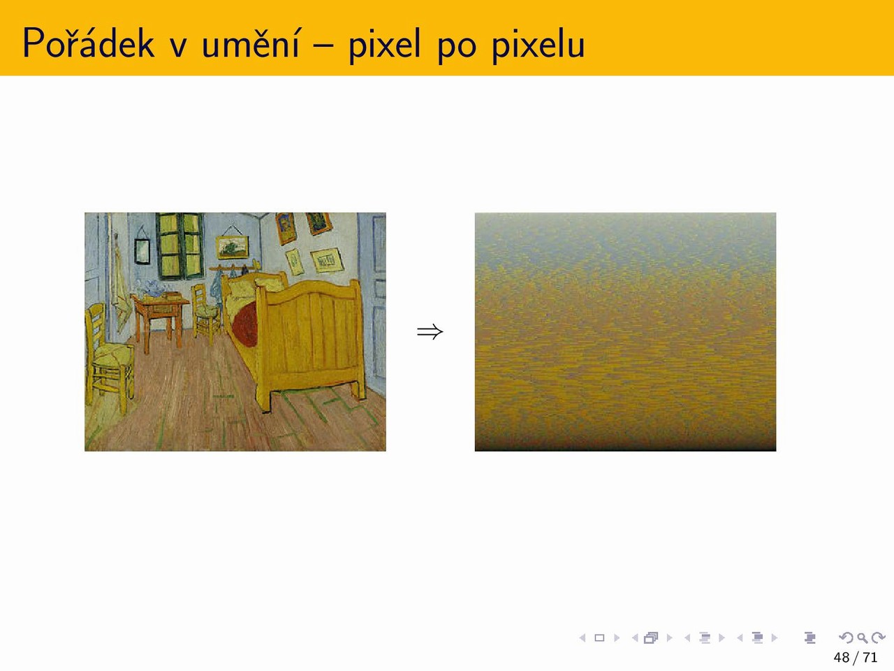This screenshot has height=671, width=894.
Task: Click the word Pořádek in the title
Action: point(89,43)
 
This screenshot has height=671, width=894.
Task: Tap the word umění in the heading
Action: point(251,43)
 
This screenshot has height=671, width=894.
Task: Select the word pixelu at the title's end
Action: point(538,45)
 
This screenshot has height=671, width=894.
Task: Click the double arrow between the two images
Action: point(430,331)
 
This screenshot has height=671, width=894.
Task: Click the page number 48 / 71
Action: point(856,657)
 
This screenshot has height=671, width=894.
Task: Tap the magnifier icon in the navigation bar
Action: point(862,637)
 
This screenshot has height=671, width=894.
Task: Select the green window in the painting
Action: point(179,245)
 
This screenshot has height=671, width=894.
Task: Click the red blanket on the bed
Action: point(244,325)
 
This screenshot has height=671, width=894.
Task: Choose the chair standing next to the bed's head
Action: point(205,312)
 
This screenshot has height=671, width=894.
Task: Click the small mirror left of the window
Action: point(142,252)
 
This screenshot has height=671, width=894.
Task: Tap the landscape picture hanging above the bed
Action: point(232,247)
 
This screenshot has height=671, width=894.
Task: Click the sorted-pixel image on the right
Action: point(625,331)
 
